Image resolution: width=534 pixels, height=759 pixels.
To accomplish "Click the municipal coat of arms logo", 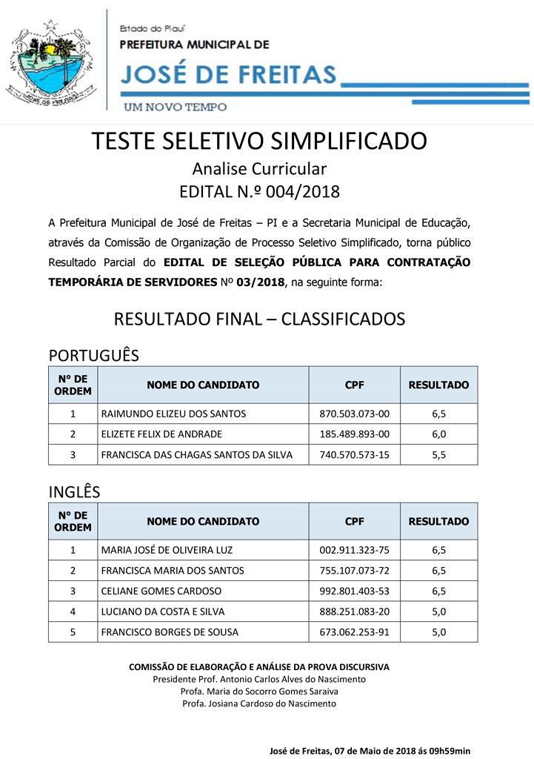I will [50, 63].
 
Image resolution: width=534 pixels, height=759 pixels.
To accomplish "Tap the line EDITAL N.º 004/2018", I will [259, 192].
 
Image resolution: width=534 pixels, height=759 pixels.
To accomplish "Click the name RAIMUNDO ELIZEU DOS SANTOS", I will [173, 414].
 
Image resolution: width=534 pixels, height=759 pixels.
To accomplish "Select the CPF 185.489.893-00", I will [354, 434].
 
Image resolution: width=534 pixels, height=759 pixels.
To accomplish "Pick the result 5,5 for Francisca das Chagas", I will [438, 455].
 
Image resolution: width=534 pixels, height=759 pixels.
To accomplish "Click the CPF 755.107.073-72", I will [354, 571].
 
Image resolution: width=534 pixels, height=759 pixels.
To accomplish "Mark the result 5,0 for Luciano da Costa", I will [438, 611].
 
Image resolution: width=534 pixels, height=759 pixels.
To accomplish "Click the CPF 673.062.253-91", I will [354, 632].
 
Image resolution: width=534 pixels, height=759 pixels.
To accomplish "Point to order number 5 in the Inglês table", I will [73, 632].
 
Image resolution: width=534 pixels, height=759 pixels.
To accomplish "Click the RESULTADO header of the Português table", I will [438, 385].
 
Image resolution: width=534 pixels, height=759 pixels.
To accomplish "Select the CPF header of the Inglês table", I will [354, 522].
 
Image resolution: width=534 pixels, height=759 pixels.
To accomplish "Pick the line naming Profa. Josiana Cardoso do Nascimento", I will [259, 703].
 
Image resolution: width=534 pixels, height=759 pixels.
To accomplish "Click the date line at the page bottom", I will [375, 751].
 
